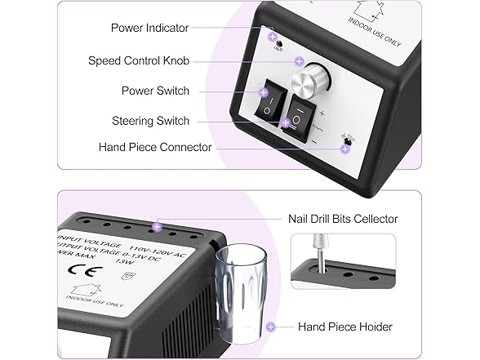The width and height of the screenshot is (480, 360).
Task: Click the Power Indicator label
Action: tap(149, 29)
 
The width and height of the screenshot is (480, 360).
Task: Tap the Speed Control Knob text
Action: tap(139, 60)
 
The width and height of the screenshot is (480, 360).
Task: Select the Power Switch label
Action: tap(155, 91)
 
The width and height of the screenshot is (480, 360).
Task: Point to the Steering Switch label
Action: tap(150, 121)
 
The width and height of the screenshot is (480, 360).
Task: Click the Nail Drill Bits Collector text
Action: tap(342, 219)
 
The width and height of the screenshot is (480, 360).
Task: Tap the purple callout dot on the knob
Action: tap(299, 61)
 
